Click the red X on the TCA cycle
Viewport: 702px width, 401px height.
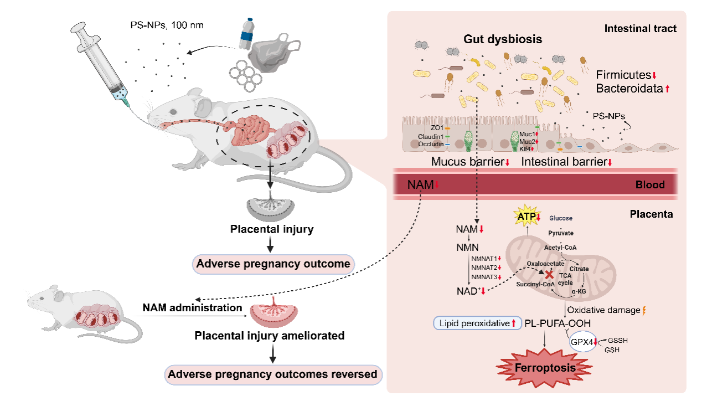click(549, 274)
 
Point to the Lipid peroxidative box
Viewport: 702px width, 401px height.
click(474, 323)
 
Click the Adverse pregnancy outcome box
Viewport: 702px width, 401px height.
click(273, 264)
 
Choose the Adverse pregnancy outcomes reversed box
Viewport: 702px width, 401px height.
click(273, 374)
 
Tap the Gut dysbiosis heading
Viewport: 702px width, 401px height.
click(502, 39)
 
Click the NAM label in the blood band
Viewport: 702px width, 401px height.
click(420, 185)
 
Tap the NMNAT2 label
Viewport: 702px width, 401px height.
click(484, 268)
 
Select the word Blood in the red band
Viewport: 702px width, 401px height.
click(650, 185)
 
